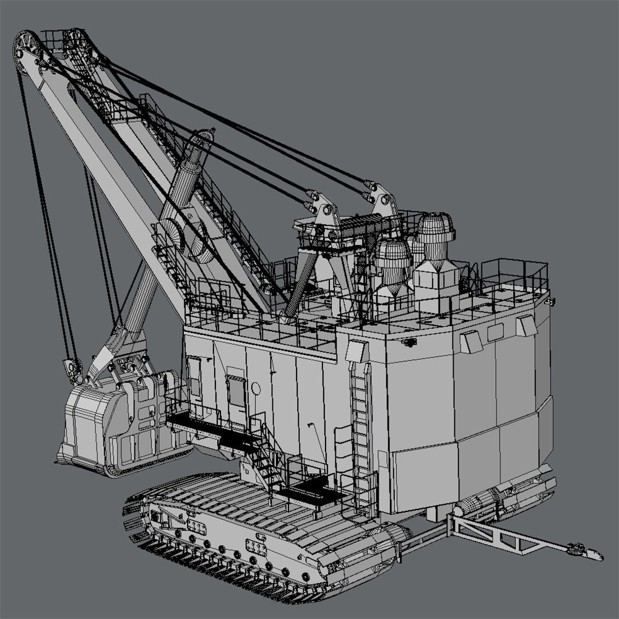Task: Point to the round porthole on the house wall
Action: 256,388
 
